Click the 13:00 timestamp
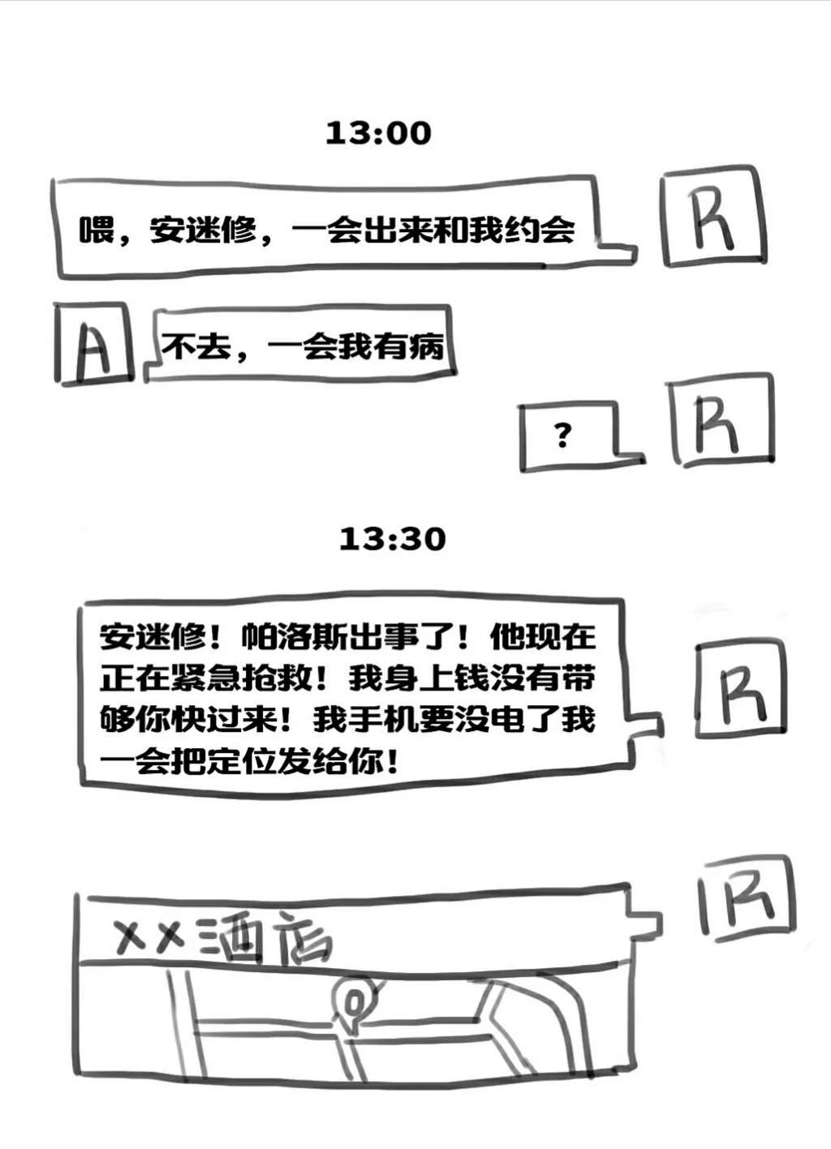378,133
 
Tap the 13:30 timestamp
392,539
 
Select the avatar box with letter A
94,343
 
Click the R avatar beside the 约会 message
713,217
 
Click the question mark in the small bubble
562,436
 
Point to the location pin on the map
353,1001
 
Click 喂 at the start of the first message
96,230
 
